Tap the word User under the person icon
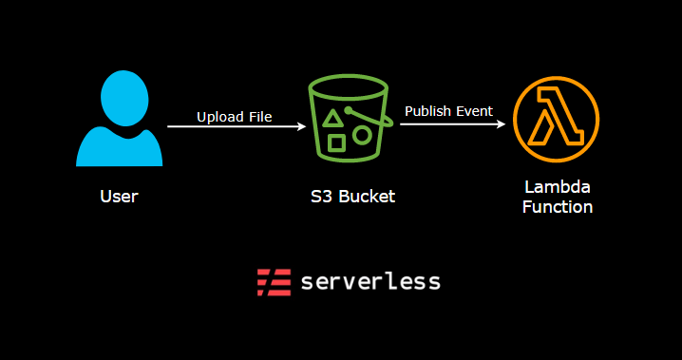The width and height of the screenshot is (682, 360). point(119,198)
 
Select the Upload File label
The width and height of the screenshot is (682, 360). point(235,117)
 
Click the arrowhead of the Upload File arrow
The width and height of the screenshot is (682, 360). point(300,126)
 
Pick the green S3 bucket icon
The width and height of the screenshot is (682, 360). point(350,124)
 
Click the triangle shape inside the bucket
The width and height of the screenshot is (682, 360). point(333,119)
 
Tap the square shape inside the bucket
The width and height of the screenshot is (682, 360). point(336,143)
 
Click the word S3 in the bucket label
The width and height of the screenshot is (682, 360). point(320,198)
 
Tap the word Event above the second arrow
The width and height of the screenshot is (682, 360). point(474,111)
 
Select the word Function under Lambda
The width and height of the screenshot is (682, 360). point(558,207)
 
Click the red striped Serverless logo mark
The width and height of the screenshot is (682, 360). point(274,282)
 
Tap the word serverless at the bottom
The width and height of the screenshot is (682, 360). point(370,282)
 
